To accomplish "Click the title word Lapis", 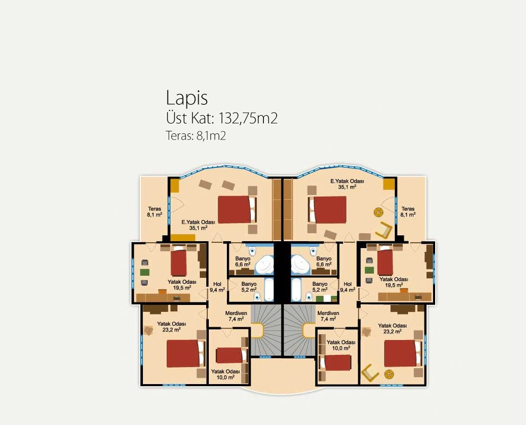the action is [187, 98].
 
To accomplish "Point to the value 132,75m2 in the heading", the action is [248, 118].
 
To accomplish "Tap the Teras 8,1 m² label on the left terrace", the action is [154, 211].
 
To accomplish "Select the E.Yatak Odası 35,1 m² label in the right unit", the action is [347, 184].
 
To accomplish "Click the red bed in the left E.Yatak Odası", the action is [235, 210].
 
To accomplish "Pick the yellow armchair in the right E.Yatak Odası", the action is [384, 231].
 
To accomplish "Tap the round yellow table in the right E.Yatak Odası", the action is [379, 212].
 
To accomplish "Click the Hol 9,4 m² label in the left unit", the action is [217, 287].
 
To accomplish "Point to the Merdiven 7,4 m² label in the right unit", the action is [328, 316].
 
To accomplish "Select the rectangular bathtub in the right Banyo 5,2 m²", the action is [296, 290].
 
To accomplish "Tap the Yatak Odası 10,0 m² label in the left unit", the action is [225, 375].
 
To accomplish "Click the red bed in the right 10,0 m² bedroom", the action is [338, 363].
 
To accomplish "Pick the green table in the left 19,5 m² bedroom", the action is [145, 272].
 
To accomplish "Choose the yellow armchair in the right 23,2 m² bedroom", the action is [370, 373].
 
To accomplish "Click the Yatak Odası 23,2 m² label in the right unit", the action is [392, 328].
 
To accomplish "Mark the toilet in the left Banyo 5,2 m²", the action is [257, 296].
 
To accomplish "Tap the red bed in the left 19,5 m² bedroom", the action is [179, 263].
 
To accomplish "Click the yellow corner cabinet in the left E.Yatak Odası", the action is [174, 185].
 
